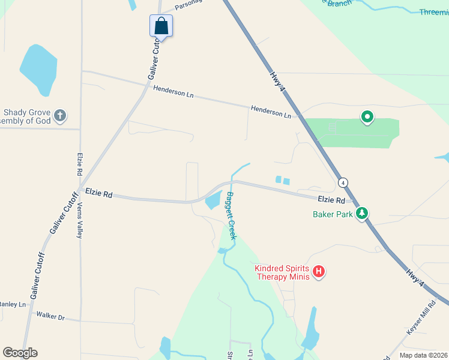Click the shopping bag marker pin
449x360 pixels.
[161, 26]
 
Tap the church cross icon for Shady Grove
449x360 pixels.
[59, 115]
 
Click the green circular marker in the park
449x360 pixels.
[366, 117]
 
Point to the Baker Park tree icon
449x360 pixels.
[362, 213]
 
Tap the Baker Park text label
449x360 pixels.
[332, 214]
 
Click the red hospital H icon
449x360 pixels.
[319, 272]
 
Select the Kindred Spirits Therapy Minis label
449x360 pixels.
[282, 272]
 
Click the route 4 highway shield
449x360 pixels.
[342, 182]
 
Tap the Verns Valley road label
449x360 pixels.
[79, 219]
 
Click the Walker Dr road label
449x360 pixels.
[50, 316]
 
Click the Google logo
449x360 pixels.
[20, 353]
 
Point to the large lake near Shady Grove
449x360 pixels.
[38, 70]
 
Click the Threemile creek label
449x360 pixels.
[433, 12]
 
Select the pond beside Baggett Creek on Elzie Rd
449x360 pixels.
[214, 200]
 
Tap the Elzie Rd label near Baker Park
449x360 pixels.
[331, 200]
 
